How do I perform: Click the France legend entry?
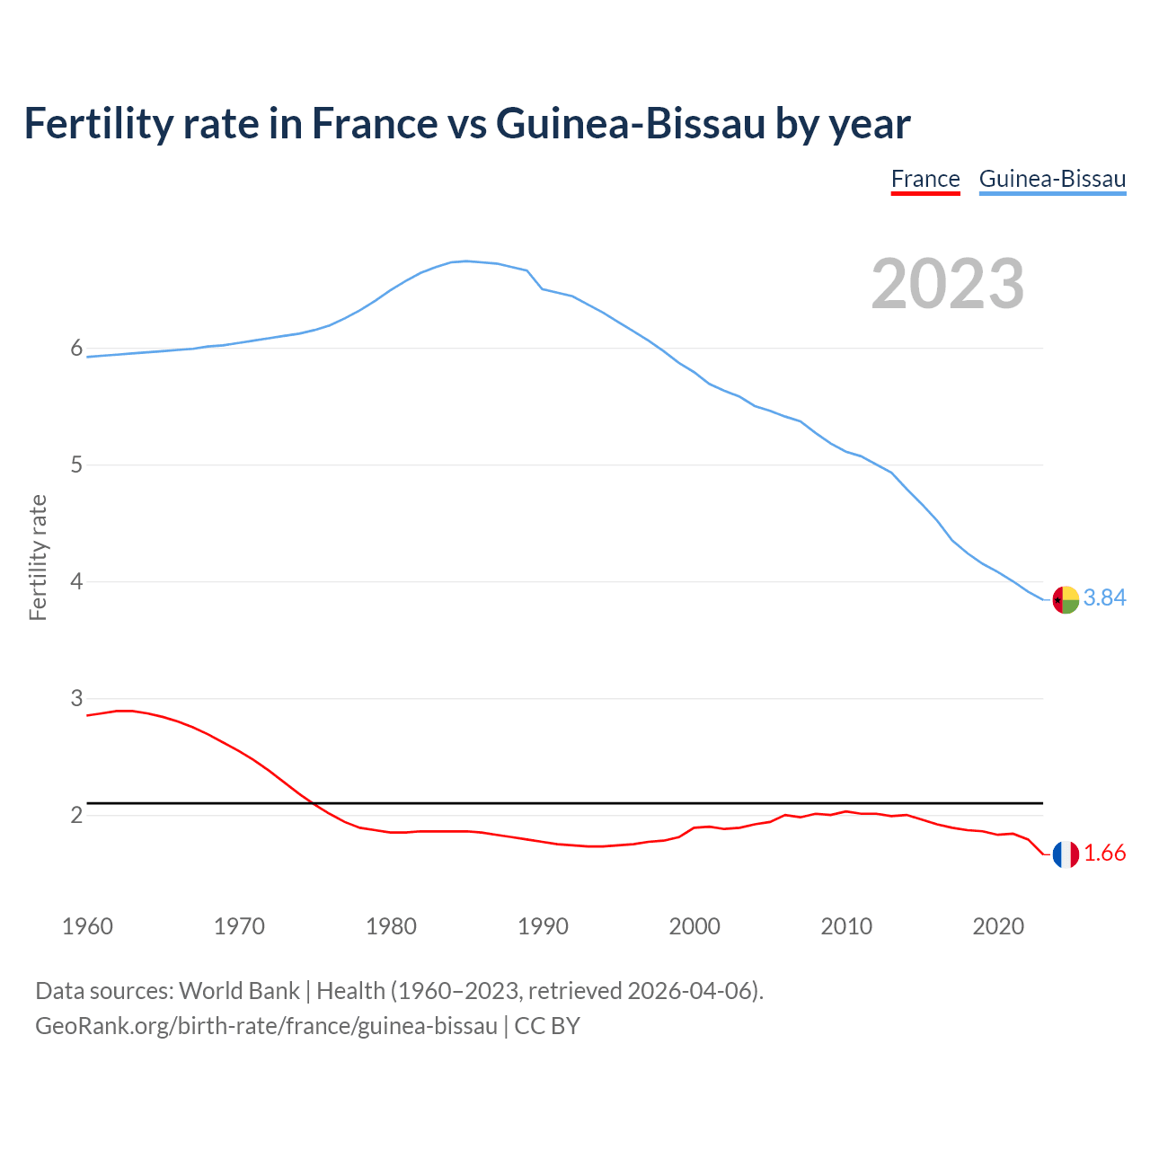(925, 180)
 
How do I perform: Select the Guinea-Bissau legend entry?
(1052, 180)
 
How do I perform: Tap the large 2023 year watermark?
(948, 284)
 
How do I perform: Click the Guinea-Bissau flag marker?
(1066, 599)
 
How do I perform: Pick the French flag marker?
(1066, 854)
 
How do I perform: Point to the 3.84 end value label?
(1104, 598)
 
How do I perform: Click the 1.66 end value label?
(1104, 854)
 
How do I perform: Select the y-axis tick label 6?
(76, 349)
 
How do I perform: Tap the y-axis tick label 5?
(76, 465)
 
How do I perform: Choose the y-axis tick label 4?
(76, 582)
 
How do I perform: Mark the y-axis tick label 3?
(76, 699)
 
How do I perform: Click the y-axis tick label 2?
(76, 816)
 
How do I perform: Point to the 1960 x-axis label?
(87, 926)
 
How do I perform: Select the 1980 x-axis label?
(391, 926)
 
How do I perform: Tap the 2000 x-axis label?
(694, 926)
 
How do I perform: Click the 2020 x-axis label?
(998, 926)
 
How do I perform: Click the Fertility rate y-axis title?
(38, 557)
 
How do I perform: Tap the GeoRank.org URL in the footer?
(266, 1026)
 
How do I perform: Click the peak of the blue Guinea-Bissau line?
(465, 261)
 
